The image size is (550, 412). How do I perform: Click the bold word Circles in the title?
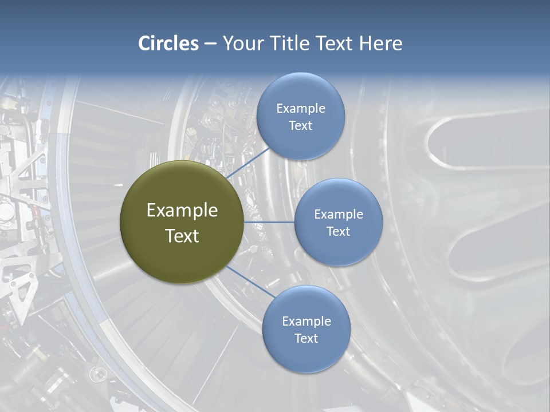click(168, 43)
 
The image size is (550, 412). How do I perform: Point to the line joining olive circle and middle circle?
click(269, 222)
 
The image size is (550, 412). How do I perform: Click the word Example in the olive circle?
click(182, 211)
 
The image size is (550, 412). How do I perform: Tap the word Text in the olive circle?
click(182, 236)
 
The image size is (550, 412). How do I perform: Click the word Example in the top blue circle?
click(301, 108)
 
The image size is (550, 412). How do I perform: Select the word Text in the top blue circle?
click(300, 126)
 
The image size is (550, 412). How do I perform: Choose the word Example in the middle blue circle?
click(339, 214)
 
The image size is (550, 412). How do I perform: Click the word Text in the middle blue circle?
click(338, 231)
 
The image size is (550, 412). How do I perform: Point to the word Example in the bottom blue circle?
click(307, 321)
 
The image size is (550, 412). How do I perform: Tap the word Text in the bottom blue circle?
click(306, 338)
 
